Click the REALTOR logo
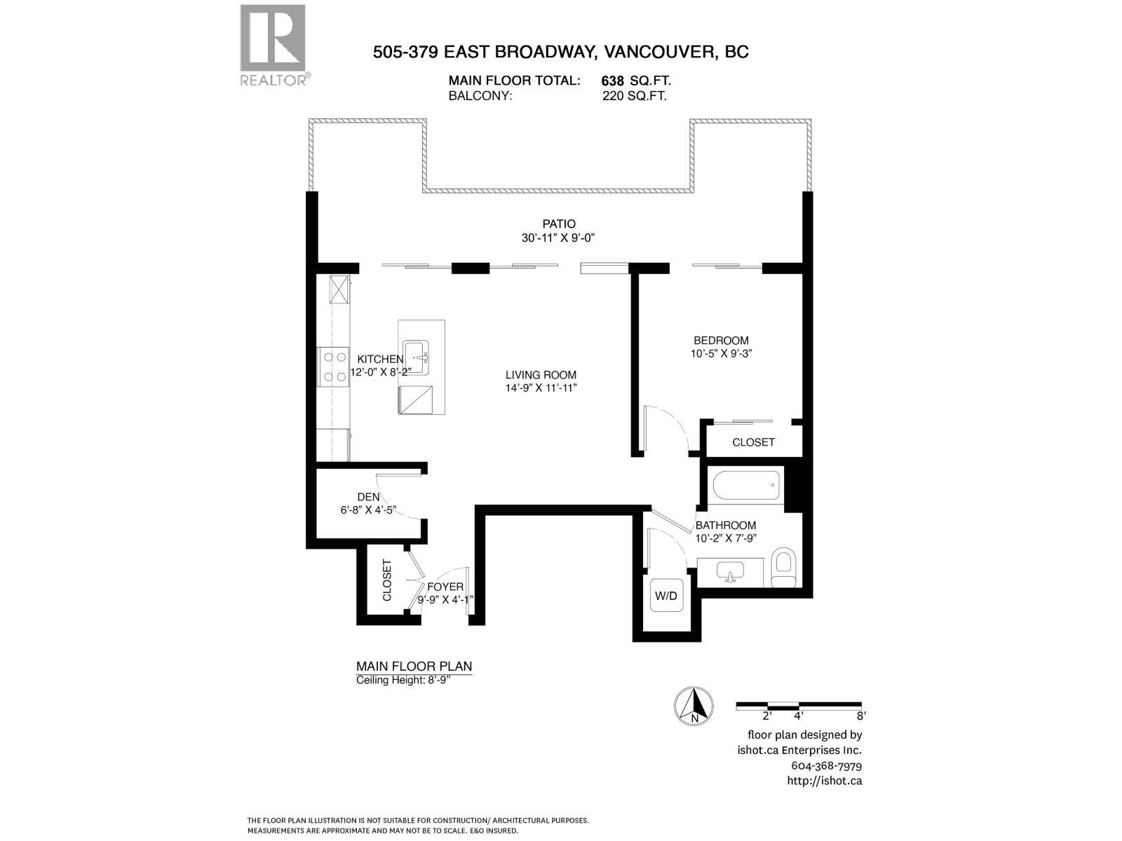[273, 44]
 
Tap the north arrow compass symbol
[694, 705]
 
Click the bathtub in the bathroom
[745, 486]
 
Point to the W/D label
[665, 596]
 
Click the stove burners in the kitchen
[334, 367]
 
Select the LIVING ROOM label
[541, 375]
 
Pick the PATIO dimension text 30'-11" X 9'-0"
[558, 238]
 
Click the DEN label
[368, 498]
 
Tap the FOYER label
[445, 587]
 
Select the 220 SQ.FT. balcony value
[634, 97]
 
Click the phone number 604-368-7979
[826, 766]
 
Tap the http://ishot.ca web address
[824, 781]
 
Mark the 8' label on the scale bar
[860, 716]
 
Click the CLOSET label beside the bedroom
[753, 442]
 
